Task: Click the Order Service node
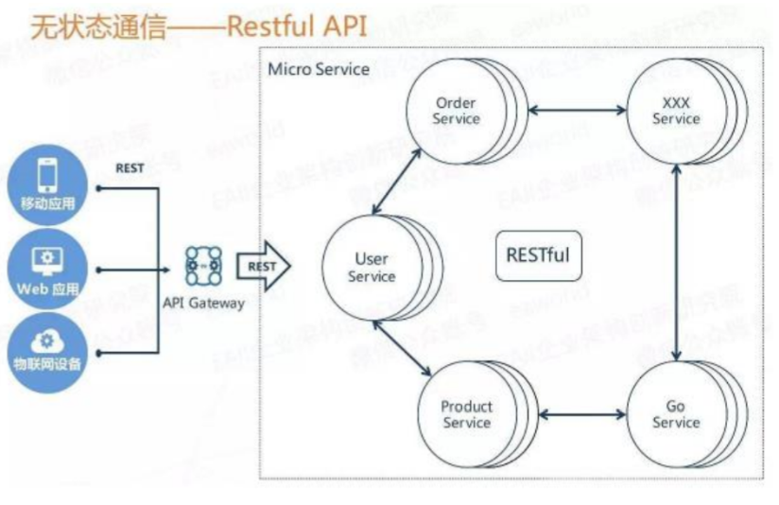tap(455, 112)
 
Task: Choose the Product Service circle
tap(466, 414)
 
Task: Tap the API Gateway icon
tap(203, 267)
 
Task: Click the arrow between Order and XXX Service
tap(578, 112)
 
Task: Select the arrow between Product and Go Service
tap(578, 414)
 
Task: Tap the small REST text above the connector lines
tap(130, 168)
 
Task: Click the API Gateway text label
tap(203, 304)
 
